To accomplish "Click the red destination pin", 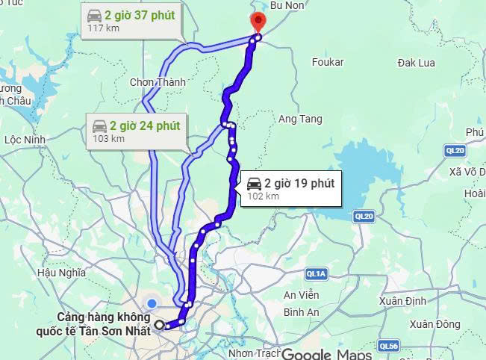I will [x=258, y=22].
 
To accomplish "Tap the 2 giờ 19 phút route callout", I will [x=289, y=188].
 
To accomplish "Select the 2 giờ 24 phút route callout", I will [x=136, y=131].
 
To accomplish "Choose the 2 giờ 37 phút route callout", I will [x=130, y=20].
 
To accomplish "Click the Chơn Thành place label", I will [x=158, y=81].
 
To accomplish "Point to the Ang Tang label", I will [x=299, y=119].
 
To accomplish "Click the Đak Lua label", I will [x=416, y=63].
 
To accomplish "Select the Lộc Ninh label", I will [x=25, y=139].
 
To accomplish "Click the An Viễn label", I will [x=301, y=295].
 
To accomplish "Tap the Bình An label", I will [x=301, y=311].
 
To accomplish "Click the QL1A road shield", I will [x=317, y=275].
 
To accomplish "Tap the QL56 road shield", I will [x=388, y=346].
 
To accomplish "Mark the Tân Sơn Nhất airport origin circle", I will [x=160, y=325].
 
